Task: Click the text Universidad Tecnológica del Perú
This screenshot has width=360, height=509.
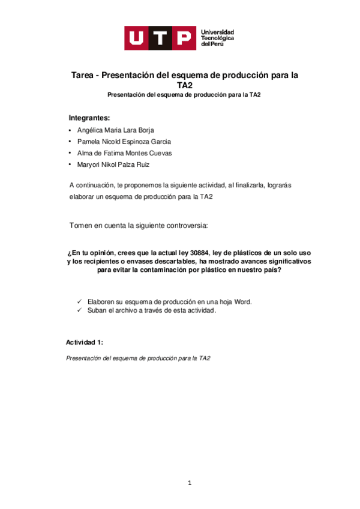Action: click(217, 38)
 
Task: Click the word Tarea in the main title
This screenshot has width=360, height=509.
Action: click(85, 76)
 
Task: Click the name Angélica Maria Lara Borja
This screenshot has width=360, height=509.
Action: click(116, 130)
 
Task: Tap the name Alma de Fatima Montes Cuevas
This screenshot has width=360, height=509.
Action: click(124, 153)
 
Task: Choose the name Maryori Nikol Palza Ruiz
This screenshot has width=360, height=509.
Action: click(113, 164)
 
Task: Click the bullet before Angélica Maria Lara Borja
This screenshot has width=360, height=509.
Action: click(70, 130)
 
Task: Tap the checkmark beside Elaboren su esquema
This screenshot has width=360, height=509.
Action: click(80, 302)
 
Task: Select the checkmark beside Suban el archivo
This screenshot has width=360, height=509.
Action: click(80, 310)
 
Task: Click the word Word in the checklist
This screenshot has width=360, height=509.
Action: click(243, 302)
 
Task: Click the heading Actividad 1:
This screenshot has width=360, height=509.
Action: click(85, 342)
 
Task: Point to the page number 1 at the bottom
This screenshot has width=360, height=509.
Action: click(190, 482)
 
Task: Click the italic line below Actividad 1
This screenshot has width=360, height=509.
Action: click(137, 358)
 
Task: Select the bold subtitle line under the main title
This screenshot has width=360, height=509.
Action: click(184, 95)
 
